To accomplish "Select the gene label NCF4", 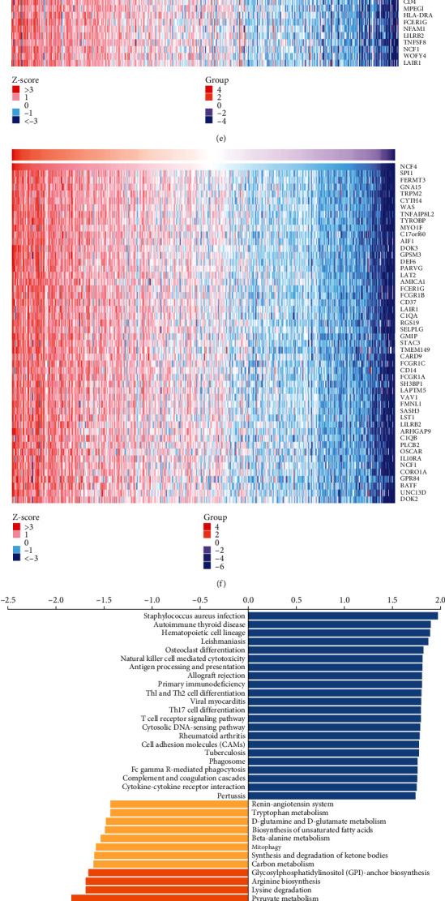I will point(409,166).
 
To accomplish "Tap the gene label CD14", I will point(408,375).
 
